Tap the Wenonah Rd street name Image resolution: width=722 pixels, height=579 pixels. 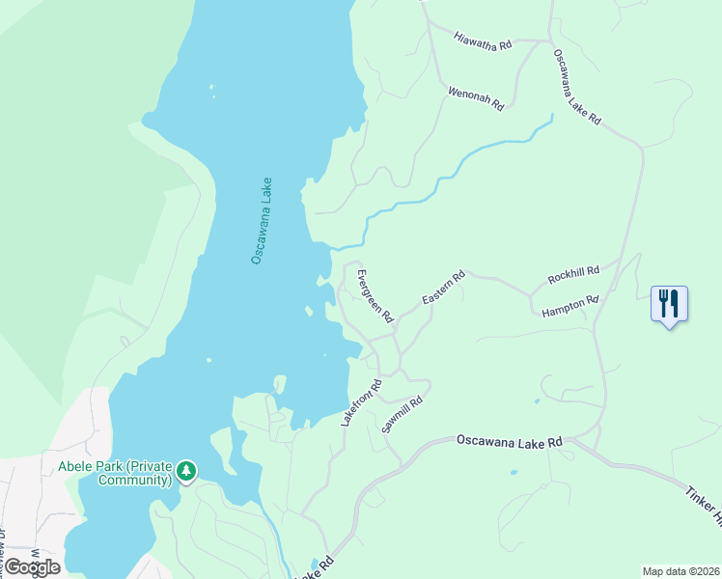click(x=476, y=97)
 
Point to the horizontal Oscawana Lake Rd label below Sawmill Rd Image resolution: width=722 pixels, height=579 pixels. click(x=509, y=442)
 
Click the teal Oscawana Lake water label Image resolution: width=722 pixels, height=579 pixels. click(x=262, y=220)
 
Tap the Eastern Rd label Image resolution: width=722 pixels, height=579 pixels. click(x=444, y=289)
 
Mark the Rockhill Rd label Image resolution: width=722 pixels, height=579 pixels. click(x=573, y=274)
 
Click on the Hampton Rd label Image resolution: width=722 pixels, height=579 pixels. click(x=570, y=306)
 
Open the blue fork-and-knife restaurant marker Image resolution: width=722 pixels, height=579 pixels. click(x=669, y=304)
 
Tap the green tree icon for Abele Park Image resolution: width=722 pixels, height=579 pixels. click(x=185, y=472)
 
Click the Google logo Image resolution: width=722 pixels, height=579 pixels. click(x=32, y=566)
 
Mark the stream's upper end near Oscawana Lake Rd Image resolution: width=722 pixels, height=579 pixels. click(x=551, y=119)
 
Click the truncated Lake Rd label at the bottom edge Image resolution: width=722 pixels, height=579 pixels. click(x=316, y=568)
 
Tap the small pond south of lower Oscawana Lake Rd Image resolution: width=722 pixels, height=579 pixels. click(x=513, y=473)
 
